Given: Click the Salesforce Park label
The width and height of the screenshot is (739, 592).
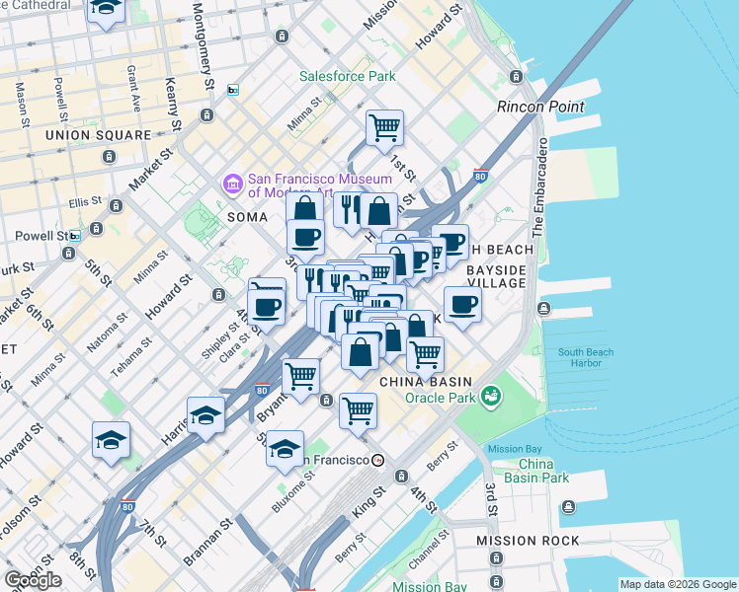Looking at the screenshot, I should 348,76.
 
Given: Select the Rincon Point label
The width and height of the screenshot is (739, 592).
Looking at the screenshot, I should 540,107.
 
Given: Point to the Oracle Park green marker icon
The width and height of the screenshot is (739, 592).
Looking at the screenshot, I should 491,398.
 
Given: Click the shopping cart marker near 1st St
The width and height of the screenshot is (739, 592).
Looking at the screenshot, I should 384,127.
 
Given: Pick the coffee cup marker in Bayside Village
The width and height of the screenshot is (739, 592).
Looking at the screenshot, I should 462,305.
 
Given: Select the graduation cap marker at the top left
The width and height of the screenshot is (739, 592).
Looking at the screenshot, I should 106,9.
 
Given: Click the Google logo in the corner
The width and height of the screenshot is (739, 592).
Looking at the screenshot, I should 33,580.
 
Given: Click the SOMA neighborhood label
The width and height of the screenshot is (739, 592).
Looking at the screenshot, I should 247,216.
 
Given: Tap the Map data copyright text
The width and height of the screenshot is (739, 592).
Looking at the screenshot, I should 677,584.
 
